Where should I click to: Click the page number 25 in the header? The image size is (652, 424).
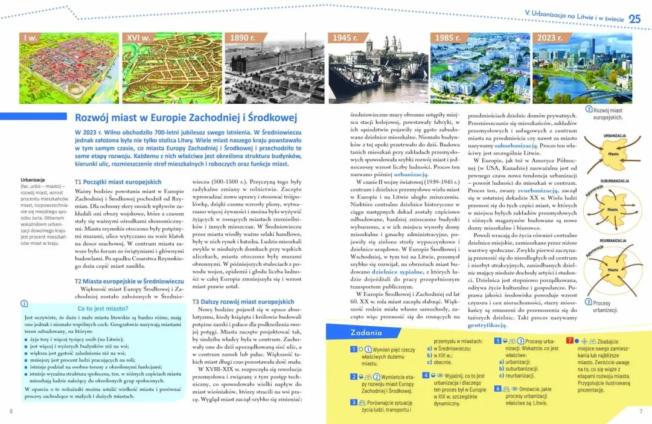point(634,18)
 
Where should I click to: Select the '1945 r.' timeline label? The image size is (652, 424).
point(345,38)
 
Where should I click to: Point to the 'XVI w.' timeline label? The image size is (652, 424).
point(138,38)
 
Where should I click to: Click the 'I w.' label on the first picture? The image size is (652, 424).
point(30,38)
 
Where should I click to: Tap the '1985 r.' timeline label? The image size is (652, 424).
point(447,38)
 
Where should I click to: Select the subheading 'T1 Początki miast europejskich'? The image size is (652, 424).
point(118,181)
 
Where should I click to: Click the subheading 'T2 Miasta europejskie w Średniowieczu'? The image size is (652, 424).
point(129,281)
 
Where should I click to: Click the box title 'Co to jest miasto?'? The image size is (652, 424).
point(102,308)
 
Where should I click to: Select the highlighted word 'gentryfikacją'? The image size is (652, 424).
point(487,325)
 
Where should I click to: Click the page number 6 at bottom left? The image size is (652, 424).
point(11,411)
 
